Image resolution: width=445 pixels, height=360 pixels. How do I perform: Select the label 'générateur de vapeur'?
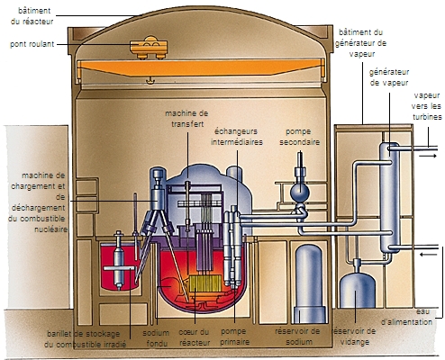point(388,75)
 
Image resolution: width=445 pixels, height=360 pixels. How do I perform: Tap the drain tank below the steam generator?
point(359,288)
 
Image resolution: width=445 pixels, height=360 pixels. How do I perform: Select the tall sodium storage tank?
point(310,278)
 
